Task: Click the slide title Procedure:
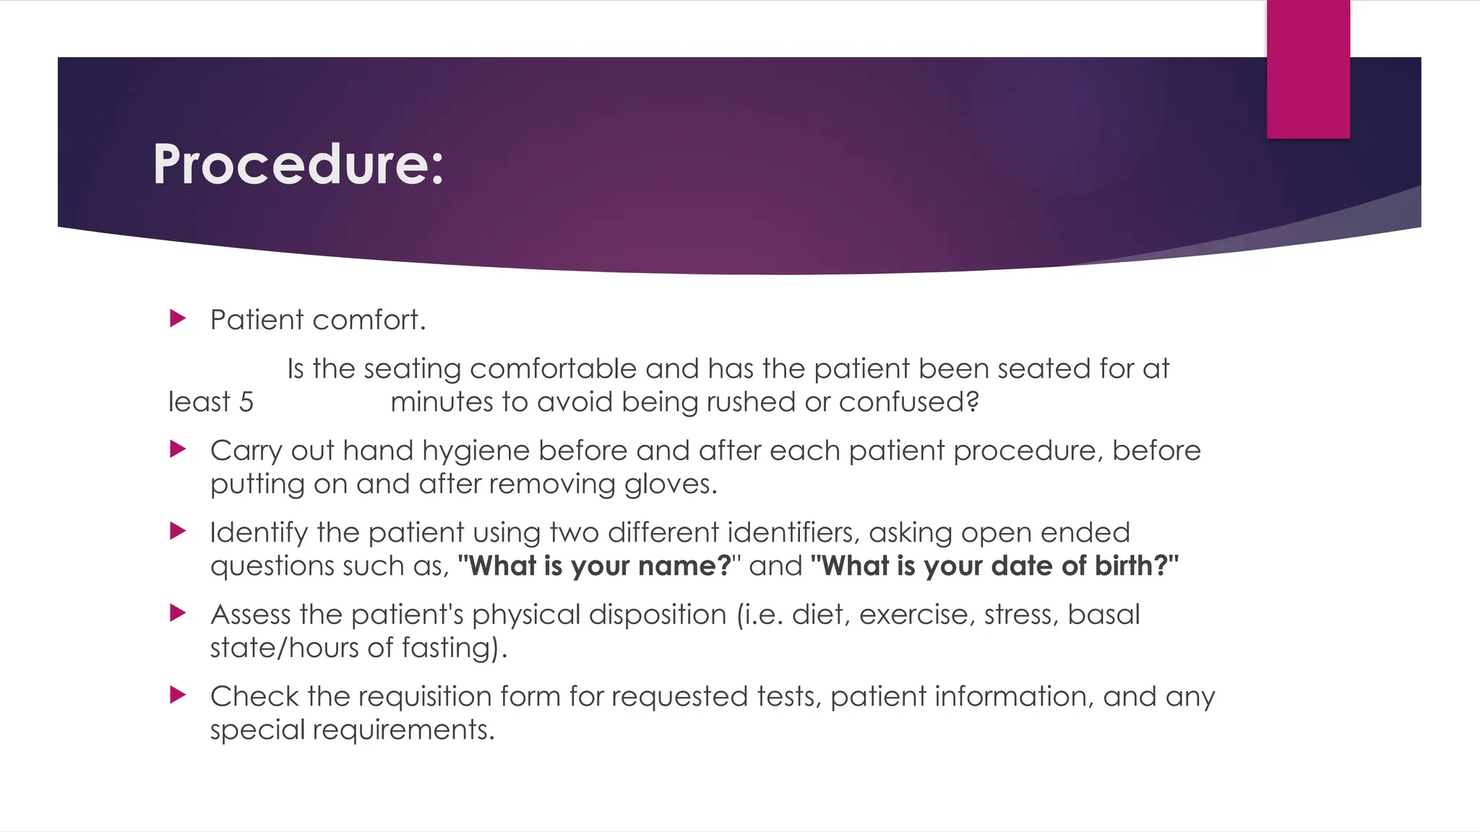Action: [298, 165]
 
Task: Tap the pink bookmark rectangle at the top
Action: [1308, 69]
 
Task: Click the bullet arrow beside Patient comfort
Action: [178, 318]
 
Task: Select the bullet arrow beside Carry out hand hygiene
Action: [178, 449]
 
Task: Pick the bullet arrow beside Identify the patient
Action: [178, 532]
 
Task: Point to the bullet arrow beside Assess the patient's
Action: [178, 613]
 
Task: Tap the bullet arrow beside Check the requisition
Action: [178, 695]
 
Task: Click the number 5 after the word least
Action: [246, 402]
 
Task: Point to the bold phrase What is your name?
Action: [595, 565]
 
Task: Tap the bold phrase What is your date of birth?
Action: [994, 565]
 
